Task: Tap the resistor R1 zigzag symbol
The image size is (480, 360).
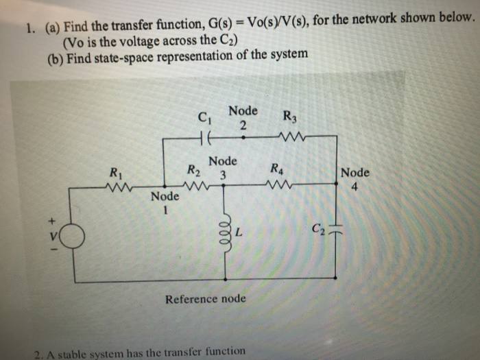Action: click(112, 186)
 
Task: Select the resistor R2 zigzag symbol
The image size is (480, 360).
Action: click(197, 186)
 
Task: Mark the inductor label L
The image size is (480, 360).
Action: click(239, 233)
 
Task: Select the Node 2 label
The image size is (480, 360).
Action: click(243, 117)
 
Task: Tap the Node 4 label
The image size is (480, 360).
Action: click(355, 178)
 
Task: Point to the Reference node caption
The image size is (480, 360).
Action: click(206, 299)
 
